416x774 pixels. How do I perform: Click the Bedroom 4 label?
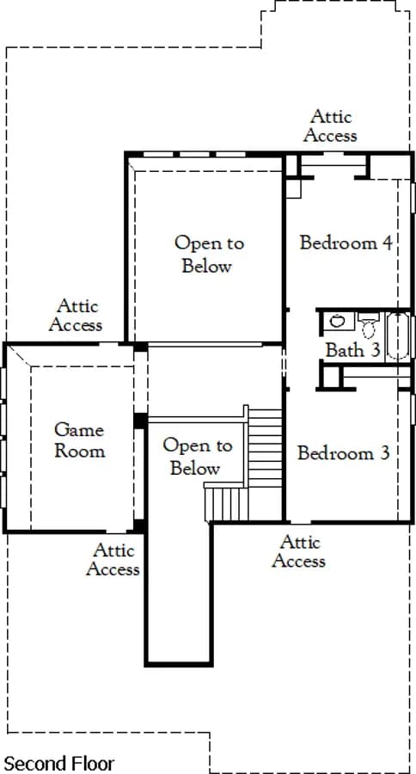tap(346, 243)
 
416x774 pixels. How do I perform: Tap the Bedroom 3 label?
tap(344, 452)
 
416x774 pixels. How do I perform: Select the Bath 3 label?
tap(353, 350)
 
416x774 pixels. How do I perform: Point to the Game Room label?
tap(79, 440)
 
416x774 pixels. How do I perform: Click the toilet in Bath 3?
tap(367, 324)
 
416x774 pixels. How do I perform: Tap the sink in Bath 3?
tap(338, 322)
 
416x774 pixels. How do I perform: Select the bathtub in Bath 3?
tap(398, 335)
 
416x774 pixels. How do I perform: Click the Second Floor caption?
tap(59, 764)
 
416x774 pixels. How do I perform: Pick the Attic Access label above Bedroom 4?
tap(330, 126)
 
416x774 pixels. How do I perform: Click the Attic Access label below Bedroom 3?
tap(298, 551)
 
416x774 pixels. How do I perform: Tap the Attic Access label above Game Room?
tap(76, 315)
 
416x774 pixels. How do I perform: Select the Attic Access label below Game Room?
tap(113, 559)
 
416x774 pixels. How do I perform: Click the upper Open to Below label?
tap(208, 255)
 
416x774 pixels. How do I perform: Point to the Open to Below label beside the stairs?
tap(197, 458)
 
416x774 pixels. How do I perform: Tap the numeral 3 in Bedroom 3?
tap(385, 452)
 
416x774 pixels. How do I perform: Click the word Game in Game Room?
tap(79, 430)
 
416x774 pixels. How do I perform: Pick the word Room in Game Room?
tap(79, 451)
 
